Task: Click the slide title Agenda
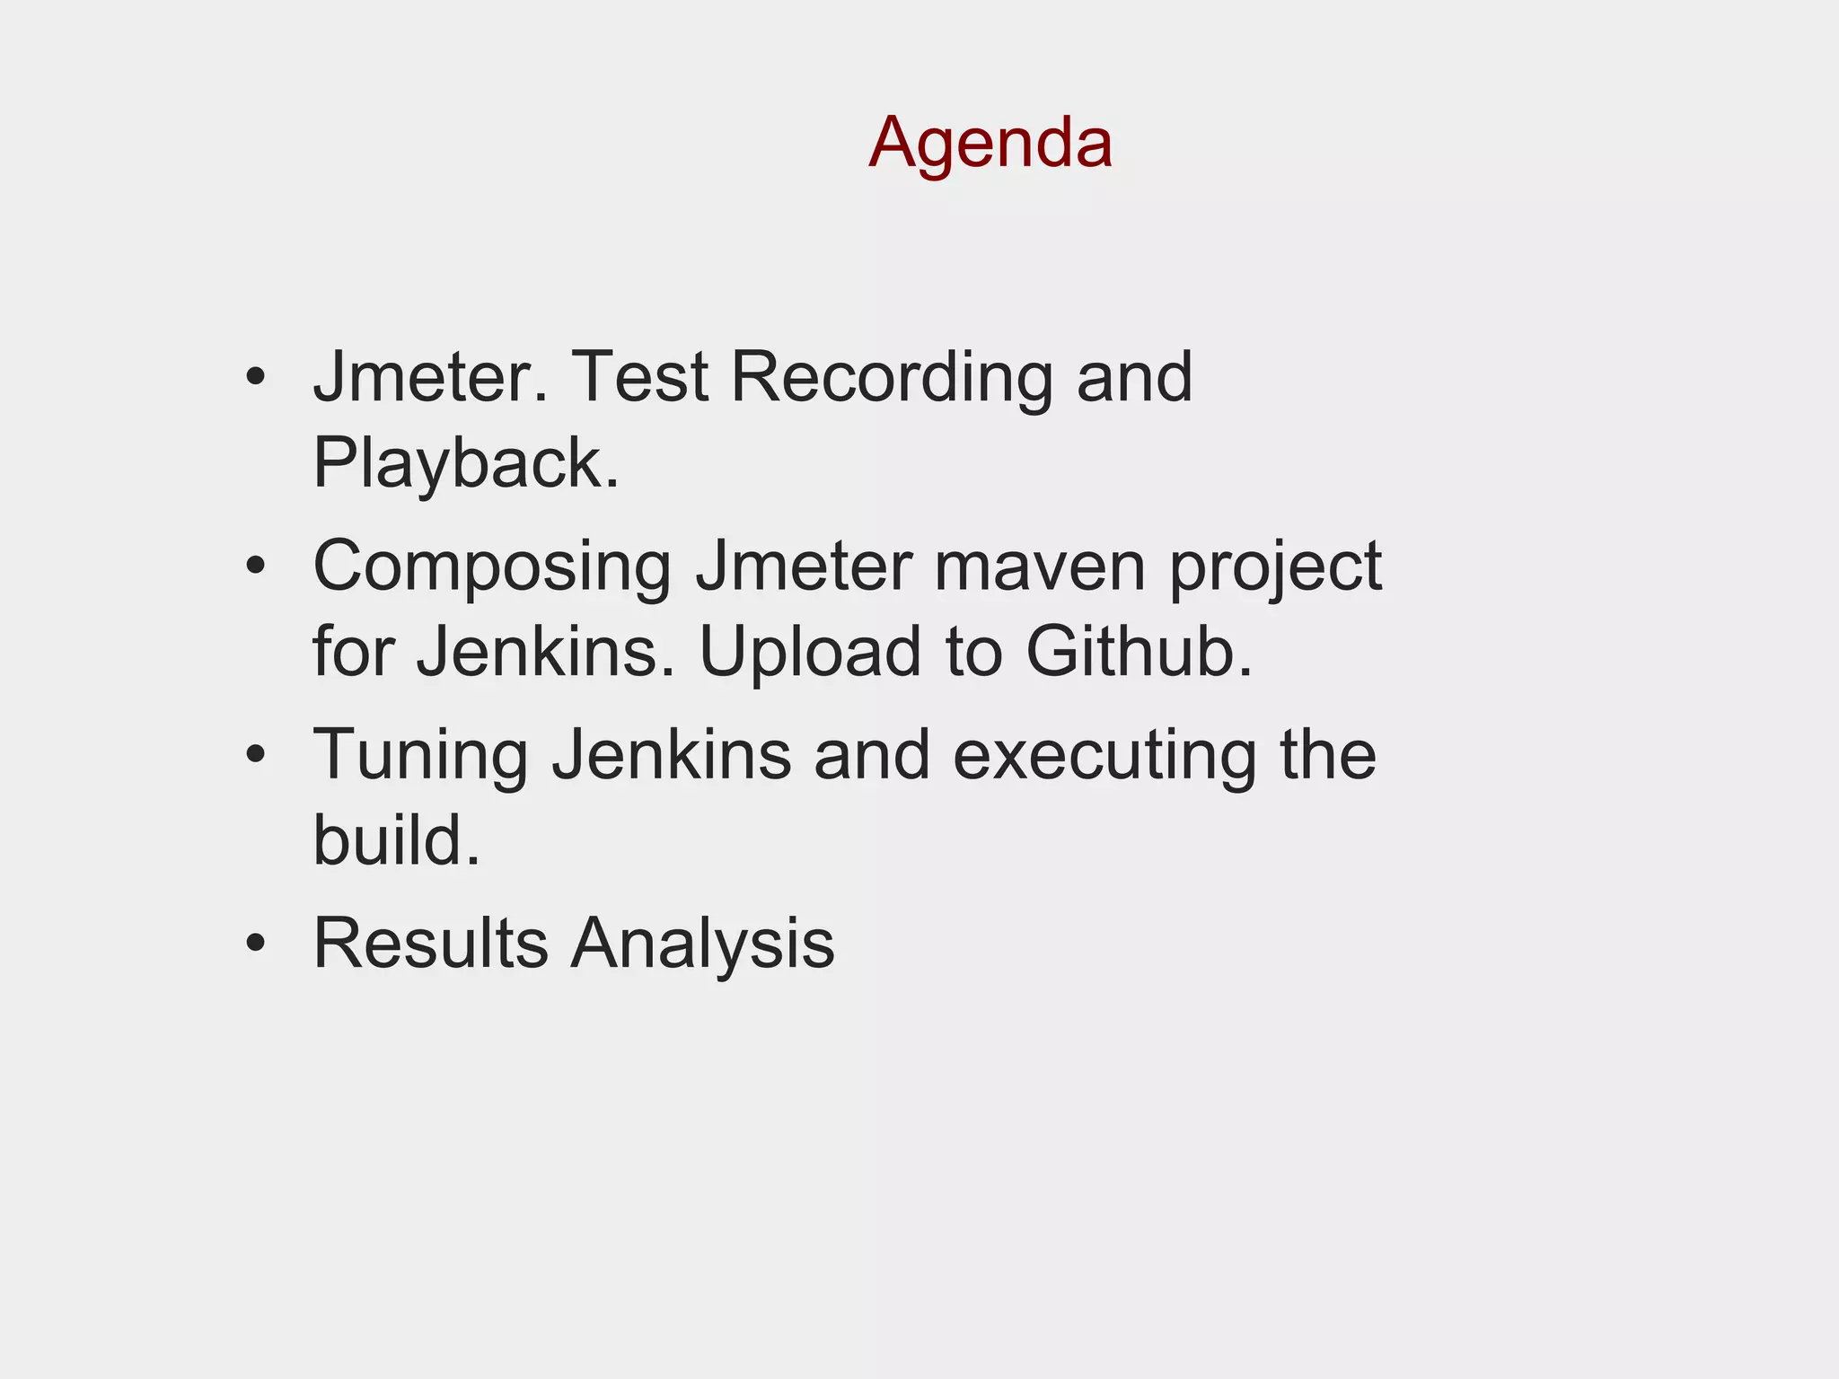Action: [x=990, y=144]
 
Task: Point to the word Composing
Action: [x=492, y=568]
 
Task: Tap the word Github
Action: [x=1139, y=651]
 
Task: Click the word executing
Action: [x=1104, y=757]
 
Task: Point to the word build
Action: [x=396, y=840]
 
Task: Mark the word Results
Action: [x=430, y=944]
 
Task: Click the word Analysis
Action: [x=703, y=945]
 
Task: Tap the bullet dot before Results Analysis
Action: [x=256, y=944]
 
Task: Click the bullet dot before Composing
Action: [x=256, y=566]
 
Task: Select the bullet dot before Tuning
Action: [x=256, y=755]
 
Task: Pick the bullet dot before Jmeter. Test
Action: [x=256, y=377]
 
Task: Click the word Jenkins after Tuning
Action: [x=672, y=755]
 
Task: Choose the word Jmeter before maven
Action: [x=804, y=567]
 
